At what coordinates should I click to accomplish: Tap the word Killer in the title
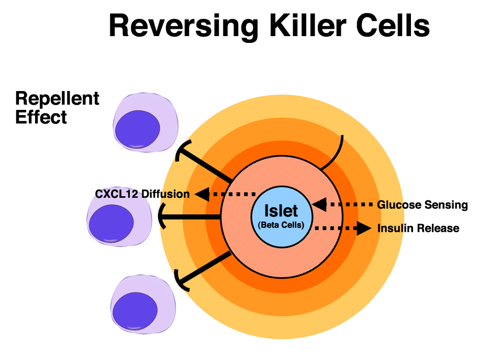308,26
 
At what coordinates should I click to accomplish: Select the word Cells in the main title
393,26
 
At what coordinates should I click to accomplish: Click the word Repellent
57,99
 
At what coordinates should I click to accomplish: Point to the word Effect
41,117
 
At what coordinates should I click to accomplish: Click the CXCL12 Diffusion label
142,194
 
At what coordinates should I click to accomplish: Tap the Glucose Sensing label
422,205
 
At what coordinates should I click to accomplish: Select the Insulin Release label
418,228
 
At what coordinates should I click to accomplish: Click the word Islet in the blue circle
281,211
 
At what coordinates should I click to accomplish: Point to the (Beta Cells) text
281,225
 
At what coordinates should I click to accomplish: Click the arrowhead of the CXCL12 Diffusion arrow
202,194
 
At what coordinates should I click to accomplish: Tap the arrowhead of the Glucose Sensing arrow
319,205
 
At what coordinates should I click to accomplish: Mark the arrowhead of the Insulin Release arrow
364,228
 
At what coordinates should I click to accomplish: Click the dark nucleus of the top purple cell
138,129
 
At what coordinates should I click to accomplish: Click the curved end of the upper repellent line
182,150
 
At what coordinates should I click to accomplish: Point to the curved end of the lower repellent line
181,281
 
